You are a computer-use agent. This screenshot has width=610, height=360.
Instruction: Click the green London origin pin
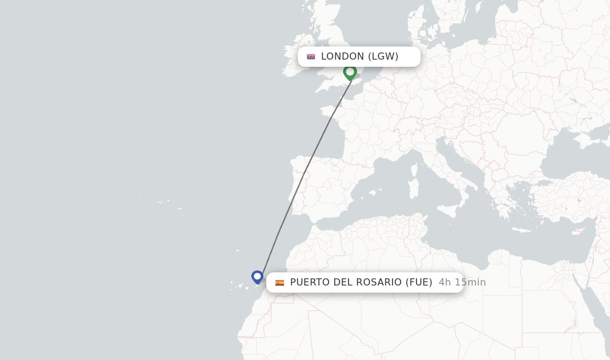click(x=350, y=72)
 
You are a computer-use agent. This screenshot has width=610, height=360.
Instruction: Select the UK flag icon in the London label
click(x=311, y=57)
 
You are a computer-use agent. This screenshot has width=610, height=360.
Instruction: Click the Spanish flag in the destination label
click(x=279, y=283)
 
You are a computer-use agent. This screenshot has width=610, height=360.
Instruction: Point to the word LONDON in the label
click(x=343, y=57)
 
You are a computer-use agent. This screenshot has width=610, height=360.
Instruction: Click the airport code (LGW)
click(x=383, y=57)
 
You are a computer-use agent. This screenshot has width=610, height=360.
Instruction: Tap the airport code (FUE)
click(x=419, y=283)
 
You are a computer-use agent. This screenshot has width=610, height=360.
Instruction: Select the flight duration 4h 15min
click(x=462, y=283)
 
